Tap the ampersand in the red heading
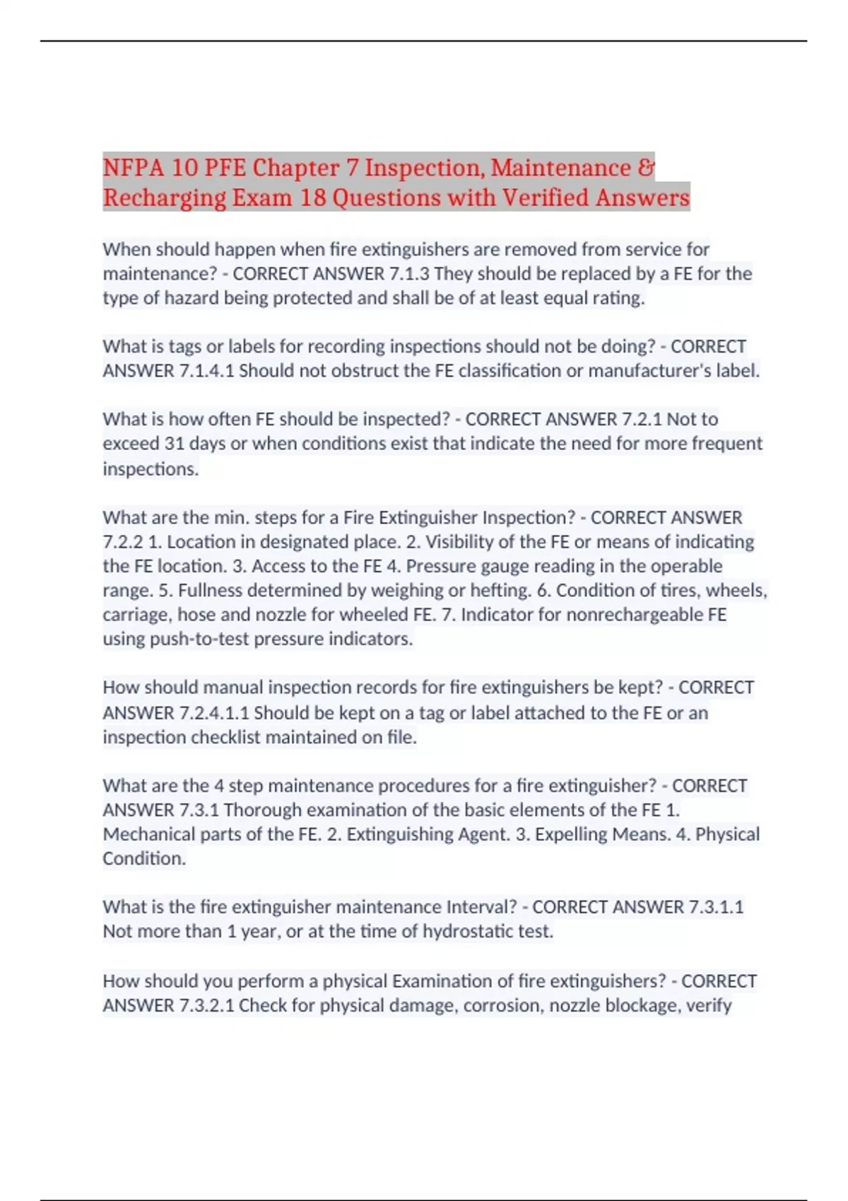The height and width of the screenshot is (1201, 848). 646,168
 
